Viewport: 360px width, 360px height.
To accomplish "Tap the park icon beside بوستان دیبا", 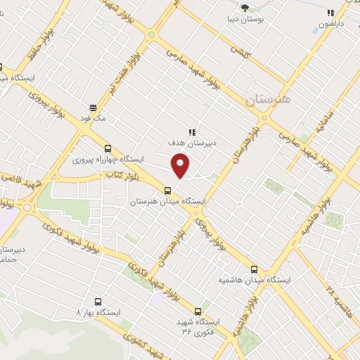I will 245,8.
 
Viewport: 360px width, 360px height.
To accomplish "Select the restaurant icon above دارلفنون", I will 330,13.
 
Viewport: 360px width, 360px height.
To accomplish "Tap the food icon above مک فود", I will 93,108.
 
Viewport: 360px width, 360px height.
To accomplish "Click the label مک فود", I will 93,120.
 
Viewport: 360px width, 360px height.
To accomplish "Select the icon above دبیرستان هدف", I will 191,131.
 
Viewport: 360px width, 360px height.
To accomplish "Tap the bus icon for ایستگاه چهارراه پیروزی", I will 108,148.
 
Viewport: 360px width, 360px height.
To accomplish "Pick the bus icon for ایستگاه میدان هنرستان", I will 167,190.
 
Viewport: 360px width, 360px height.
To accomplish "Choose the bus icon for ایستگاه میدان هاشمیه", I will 255,269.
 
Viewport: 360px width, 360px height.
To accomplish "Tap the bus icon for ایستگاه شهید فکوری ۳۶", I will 198,311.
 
